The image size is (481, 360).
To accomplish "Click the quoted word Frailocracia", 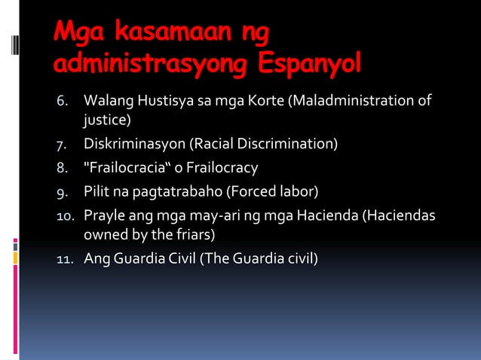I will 124,167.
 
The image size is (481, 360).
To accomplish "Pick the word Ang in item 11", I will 96,260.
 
